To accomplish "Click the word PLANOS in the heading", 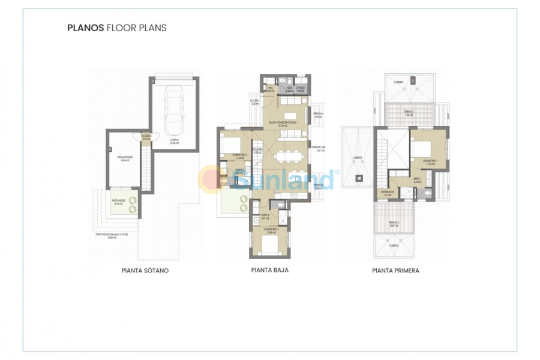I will tap(85, 28).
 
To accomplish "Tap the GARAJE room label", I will tap(175, 141).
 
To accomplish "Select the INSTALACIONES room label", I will tap(125, 158).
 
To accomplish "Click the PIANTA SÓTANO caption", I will tap(145, 271).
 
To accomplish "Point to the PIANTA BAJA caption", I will tap(269, 270).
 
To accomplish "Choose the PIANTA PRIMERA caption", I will tap(395, 271).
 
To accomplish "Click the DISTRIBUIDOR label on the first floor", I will tap(387, 192).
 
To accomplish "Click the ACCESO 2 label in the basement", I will tap(146, 137).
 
